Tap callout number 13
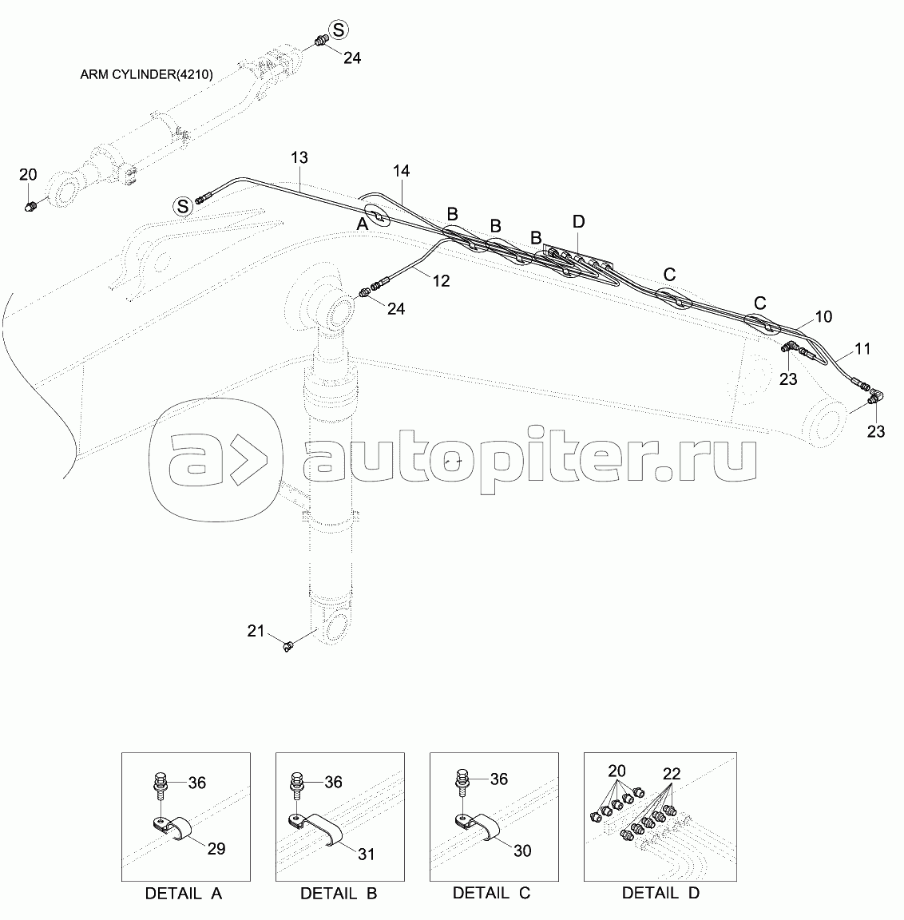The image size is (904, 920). click(x=299, y=157)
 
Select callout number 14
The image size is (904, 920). click(x=401, y=171)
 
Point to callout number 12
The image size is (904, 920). click(x=441, y=280)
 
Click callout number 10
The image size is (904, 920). click(x=823, y=317)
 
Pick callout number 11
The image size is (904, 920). click(x=862, y=349)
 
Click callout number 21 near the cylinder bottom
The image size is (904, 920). click(x=256, y=632)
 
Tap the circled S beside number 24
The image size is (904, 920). click(x=339, y=30)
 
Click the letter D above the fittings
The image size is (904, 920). click(x=579, y=220)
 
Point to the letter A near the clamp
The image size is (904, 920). click(x=362, y=226)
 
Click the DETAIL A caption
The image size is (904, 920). click(x=184, y=894)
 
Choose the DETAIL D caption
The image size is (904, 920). click(x=660, y=894)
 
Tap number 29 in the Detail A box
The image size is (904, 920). click(x=216, y=848)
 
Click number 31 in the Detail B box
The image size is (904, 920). click(x=366, y=854)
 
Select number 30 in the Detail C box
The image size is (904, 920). click(x=521, y=851)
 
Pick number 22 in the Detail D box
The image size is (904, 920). click(x=672, y=773)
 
